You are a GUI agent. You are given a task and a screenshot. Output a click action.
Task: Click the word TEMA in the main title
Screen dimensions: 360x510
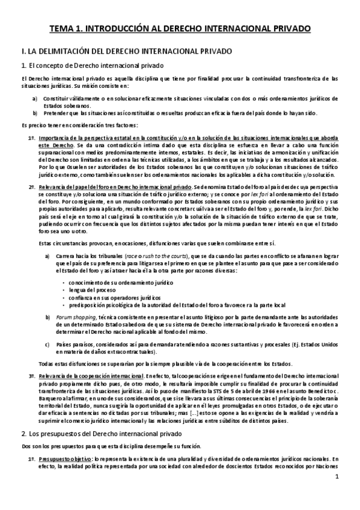coord(61,28)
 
